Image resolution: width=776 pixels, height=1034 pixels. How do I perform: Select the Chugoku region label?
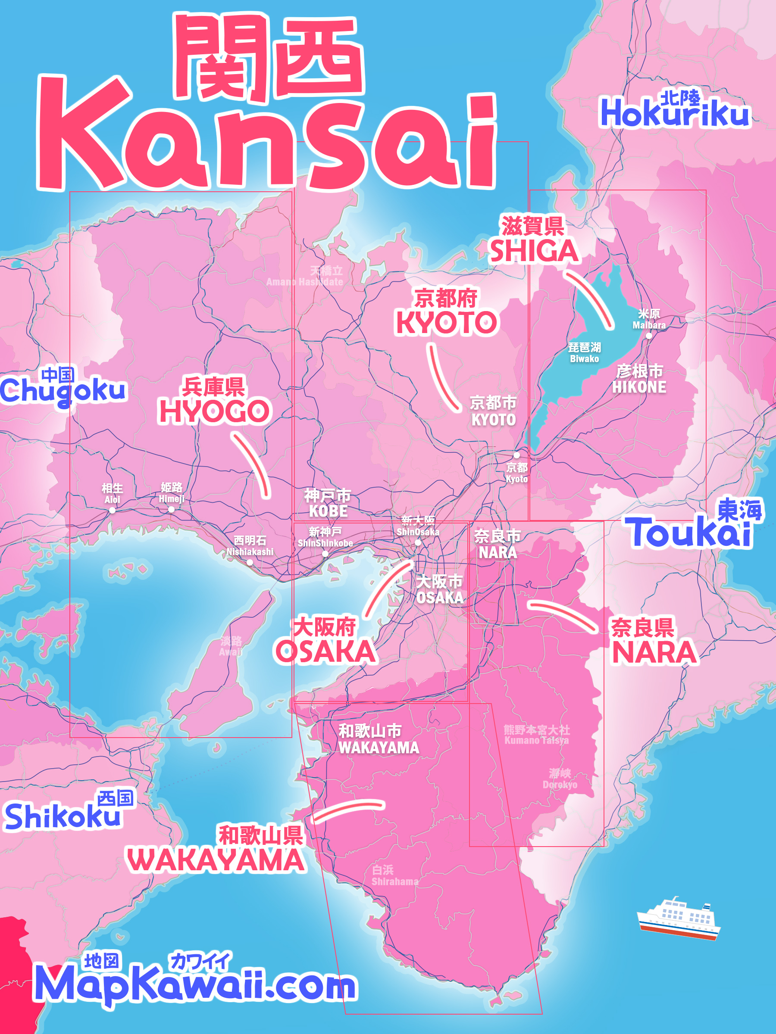coord(63,389)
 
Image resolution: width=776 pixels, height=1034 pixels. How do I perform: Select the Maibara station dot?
coord(649,336)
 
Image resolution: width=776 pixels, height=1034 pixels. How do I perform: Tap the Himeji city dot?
coord(171,510)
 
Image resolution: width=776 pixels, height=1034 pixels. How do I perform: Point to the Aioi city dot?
coord(112,511)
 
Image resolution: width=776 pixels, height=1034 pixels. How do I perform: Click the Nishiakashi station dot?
coord(250,562)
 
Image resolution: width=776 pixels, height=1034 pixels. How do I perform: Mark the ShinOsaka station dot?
coord(418,543)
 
